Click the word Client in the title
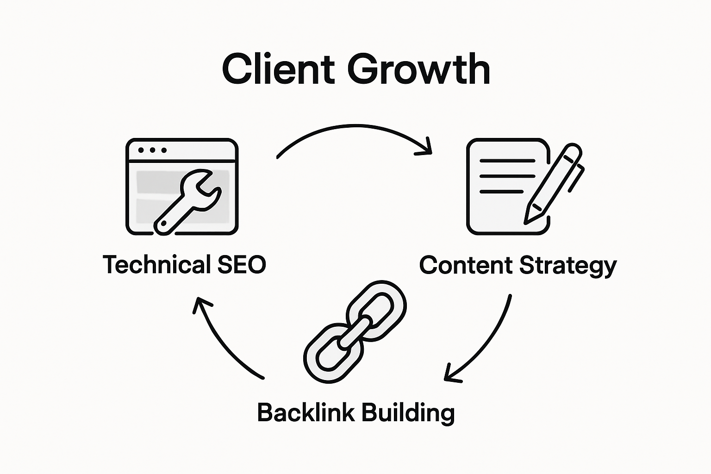point(278,69)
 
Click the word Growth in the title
point(418,69)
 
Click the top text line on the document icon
point(507,161)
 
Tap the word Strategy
point(568,266)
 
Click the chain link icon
point(355,331)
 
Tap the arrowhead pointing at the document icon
point(426,147)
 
